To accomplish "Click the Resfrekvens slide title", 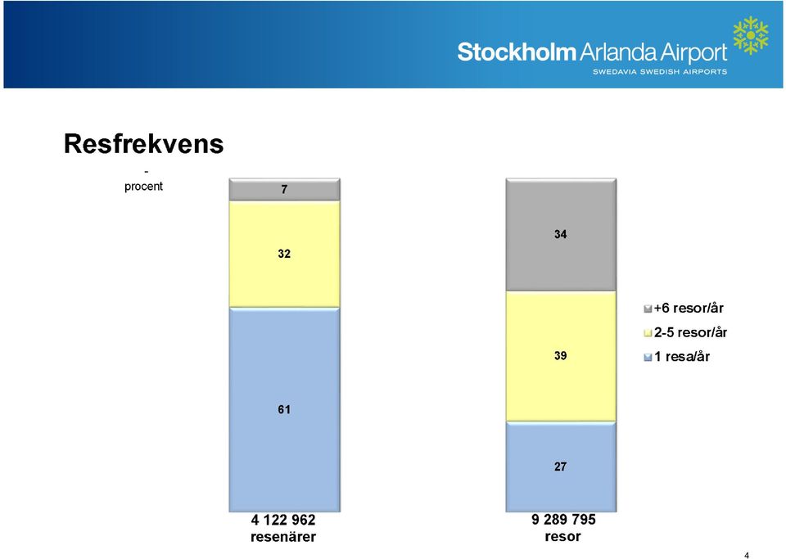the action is click(143, 144).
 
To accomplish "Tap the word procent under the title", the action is click(143, 187).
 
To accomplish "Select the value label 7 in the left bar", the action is click(284, 189).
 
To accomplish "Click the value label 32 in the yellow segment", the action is click(284, 254).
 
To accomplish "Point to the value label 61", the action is click(284, 410).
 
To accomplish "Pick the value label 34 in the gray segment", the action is click(560, 234).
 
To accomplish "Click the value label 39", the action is click(560, 356).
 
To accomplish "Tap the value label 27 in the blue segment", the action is click(560, 467).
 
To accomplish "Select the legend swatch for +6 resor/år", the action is click(648, 309).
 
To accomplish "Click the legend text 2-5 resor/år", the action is click(690, 332).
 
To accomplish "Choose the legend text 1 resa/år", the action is click(682, 357).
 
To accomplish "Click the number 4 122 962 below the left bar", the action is click(283, 520).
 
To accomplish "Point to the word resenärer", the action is click(283, 537).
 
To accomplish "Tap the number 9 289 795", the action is click(563, 520).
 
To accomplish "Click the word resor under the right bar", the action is click(562, 536).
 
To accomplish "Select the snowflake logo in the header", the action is click(751, 35).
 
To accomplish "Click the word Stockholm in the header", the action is click(517, 52).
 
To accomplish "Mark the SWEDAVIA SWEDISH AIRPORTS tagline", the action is click(660, 72).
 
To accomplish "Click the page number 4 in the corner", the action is click(747, 555).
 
